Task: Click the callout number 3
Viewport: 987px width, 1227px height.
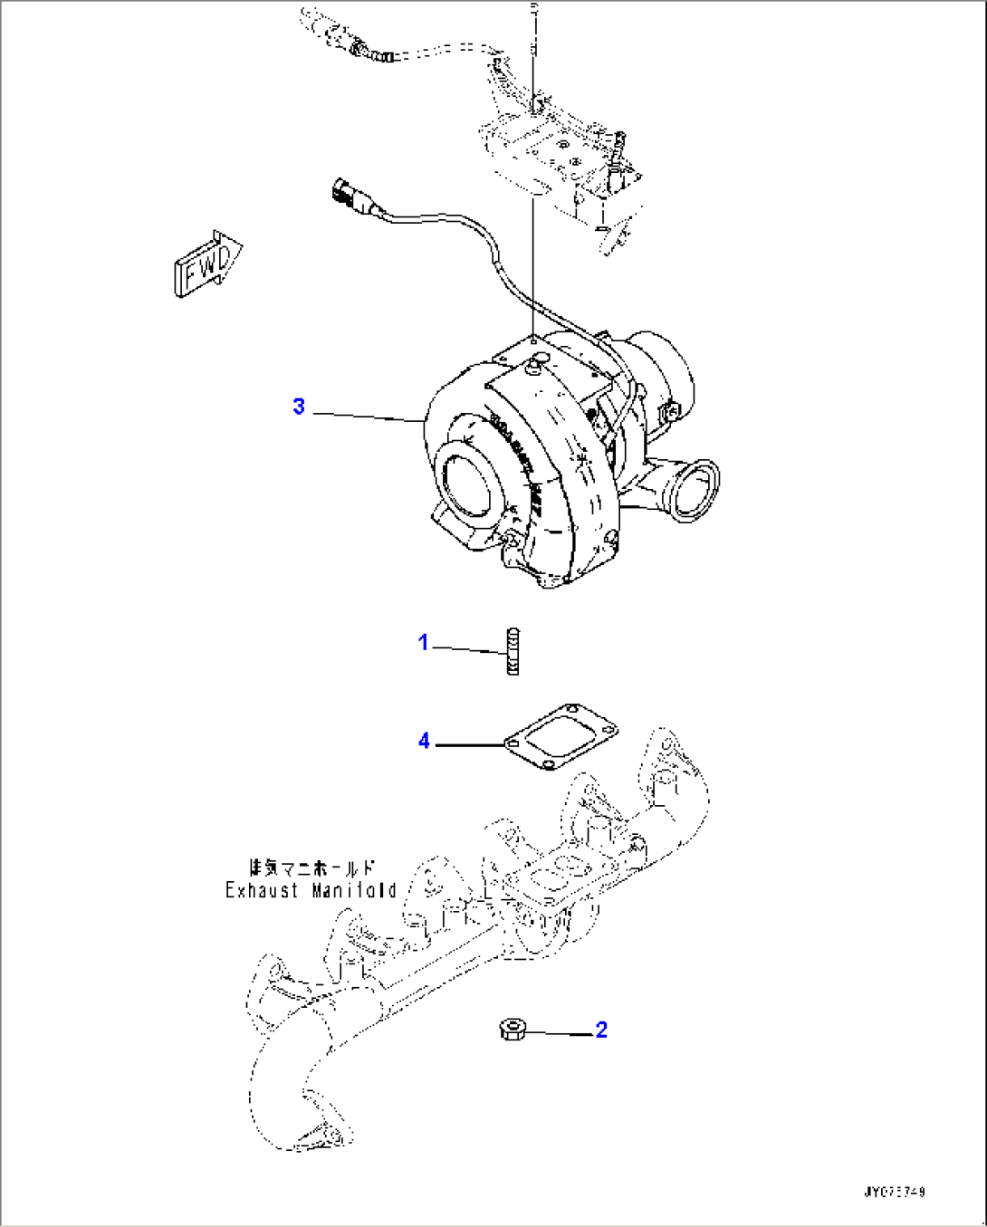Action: click(299, 407)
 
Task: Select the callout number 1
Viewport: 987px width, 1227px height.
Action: click(423, 643)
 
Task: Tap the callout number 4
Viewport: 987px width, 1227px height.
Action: click(424, 742)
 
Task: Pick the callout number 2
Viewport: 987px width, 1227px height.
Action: click(601, 1030)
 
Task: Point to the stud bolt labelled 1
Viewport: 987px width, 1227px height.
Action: click(513, 651)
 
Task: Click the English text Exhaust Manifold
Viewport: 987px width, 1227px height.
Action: click(311, 890)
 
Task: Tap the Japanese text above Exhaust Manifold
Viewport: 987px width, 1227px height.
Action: click(311, 867)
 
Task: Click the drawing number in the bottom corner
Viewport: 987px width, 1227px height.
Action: click(894, 1193)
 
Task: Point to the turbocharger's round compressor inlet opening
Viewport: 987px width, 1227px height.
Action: click(467, 481)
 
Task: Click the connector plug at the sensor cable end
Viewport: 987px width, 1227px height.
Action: click(347, 194)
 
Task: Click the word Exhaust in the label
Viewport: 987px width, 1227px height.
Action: click(262, 890)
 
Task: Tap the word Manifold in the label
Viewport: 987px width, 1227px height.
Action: click(354, 890)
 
